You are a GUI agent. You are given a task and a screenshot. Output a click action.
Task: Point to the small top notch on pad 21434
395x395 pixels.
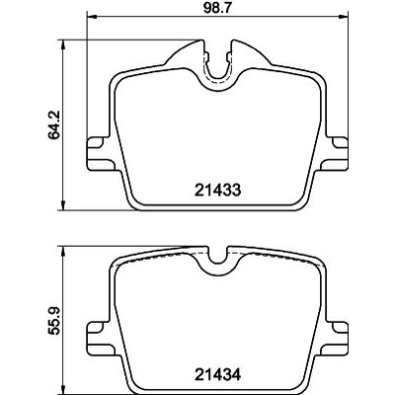point(220,255)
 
